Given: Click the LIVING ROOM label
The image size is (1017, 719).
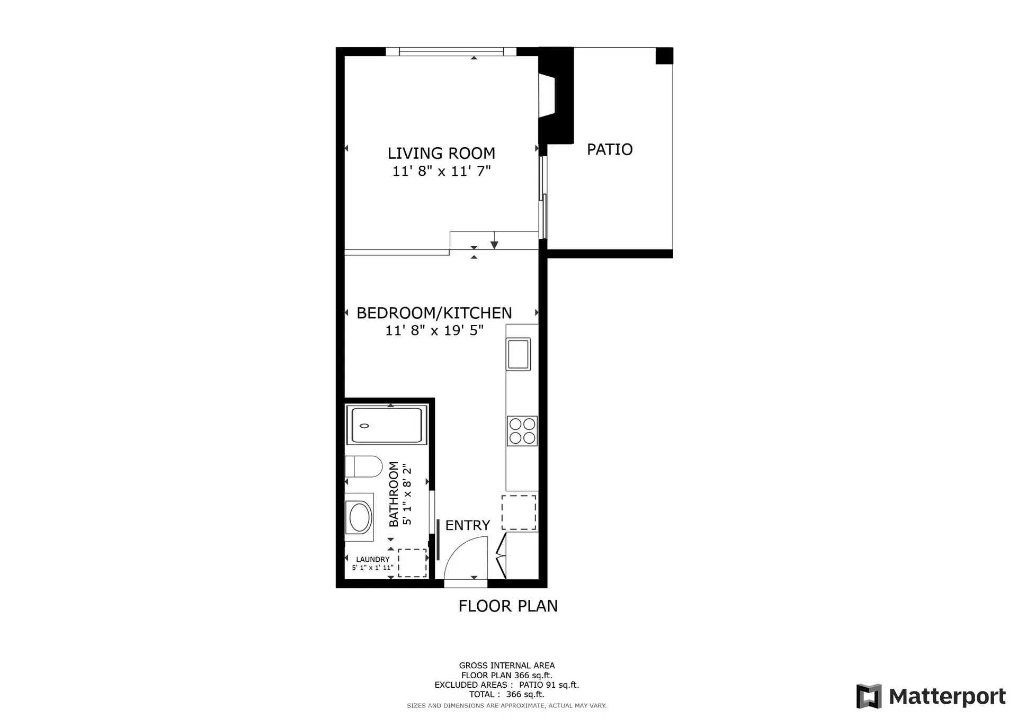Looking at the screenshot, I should [x=441, y=153].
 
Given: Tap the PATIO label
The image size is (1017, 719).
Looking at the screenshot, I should [x=609, y=149].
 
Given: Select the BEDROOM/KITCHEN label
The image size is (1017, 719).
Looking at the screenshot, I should [x=434, y=313].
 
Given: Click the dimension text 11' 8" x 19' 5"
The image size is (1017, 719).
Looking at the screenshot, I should [x=434, y=330].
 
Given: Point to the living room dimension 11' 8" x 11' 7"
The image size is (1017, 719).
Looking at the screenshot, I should [x=441, y=171].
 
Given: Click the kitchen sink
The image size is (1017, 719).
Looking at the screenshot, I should [x=518, y=354].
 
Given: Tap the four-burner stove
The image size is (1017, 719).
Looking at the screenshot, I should [x=522, y=430].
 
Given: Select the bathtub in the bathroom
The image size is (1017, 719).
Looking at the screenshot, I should [x=387, y=425].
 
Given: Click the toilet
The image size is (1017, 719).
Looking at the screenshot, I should [x=363, y=467].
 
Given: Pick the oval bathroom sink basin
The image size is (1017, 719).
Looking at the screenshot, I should [x=359, y=517].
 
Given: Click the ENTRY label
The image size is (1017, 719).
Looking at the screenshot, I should [x=467, y=525].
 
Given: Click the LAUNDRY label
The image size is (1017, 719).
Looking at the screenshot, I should [x=372, y=559].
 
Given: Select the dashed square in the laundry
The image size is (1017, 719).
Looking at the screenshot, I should [x=412, y=563].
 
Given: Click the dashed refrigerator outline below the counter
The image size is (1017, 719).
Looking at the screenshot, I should [x=519, y=512].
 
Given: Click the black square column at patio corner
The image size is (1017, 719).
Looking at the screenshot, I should [x=664, y=56].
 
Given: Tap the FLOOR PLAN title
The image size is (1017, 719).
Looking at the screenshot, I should [x=507, y=606].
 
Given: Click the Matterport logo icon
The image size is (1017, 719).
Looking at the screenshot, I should [x=869, y=696].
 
